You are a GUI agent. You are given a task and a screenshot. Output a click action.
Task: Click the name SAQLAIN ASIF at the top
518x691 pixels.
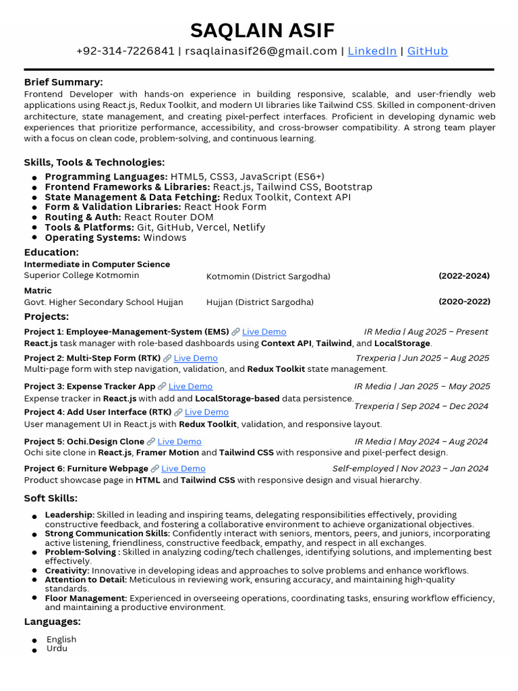tap(262, 30)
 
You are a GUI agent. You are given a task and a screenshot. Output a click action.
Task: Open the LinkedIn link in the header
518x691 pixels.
tap(372, 51)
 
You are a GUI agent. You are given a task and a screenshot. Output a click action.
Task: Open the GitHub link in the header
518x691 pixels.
tap(427, 51)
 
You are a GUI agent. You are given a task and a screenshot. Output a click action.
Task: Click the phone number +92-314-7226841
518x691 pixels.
tap(125, 51)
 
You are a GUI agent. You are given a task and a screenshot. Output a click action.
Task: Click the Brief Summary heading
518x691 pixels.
tap(63, 82)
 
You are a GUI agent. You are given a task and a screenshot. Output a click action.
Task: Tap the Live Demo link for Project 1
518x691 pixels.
tap(264, 332)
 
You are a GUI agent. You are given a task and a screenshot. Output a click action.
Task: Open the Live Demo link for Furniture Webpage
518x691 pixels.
tap(183, 468)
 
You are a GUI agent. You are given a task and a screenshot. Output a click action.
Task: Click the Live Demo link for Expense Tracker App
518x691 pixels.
tap(190, 387)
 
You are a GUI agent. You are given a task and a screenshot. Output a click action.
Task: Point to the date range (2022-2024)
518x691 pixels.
tap(464, 276)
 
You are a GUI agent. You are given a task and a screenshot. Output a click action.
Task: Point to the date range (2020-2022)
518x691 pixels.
tap(464, 302)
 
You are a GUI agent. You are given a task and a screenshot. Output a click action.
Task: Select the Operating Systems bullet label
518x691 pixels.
tap(92, 238)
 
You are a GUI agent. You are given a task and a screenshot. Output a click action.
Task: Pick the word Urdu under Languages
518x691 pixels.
tap(57, 648)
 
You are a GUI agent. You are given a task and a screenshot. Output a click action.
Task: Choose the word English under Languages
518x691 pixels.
tap(61, 639)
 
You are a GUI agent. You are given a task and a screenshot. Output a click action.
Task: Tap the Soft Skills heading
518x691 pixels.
tap(51, 499)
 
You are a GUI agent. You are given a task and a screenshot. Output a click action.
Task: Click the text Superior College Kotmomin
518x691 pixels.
tap(82, 275)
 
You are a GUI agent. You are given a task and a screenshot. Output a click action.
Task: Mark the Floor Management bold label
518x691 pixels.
tap(86, 598)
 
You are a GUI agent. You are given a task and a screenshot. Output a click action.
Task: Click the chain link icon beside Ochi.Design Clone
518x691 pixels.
tap(151, 442)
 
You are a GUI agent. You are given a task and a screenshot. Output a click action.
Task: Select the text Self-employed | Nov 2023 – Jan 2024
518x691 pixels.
tap(410, 468)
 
